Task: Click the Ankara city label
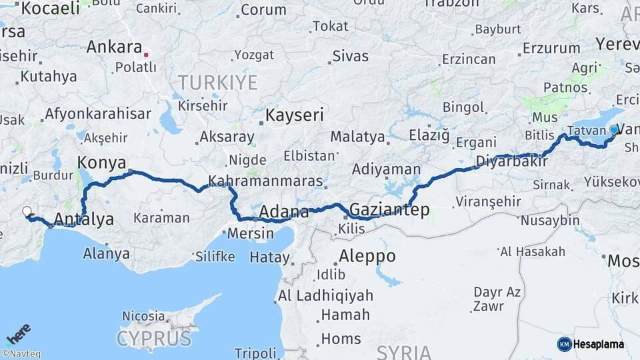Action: pyautogui.click(x=114, y=47)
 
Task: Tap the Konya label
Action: pyautogui.click(x=102, y=162)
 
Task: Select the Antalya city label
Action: pyautogui.click(x=83, y=219)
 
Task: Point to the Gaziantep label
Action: pyautogui.click(x=389, y=210)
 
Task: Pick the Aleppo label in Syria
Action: pyautogui.click(x=367, y=255)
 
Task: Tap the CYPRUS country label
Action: pyautogui.click(x=154, y=339)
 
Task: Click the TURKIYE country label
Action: pyautogui.click(x=217, y=83)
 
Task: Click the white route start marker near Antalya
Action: pyautogui.click(x=27, y=211)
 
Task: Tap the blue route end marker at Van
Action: pyautogui.click(x=614, y=129)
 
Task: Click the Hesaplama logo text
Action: pyautogui.click(x=599, y=344)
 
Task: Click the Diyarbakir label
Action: pyautogui.click(x=511, y=161)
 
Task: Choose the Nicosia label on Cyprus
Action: pyautogui.click(x=143, y=315)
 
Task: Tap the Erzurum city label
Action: pyautogui.click(x=551, y=48)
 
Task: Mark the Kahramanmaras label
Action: pyautogui.click(x=265, y=181)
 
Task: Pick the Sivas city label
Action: pyautogui.click(x=350, y=55)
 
